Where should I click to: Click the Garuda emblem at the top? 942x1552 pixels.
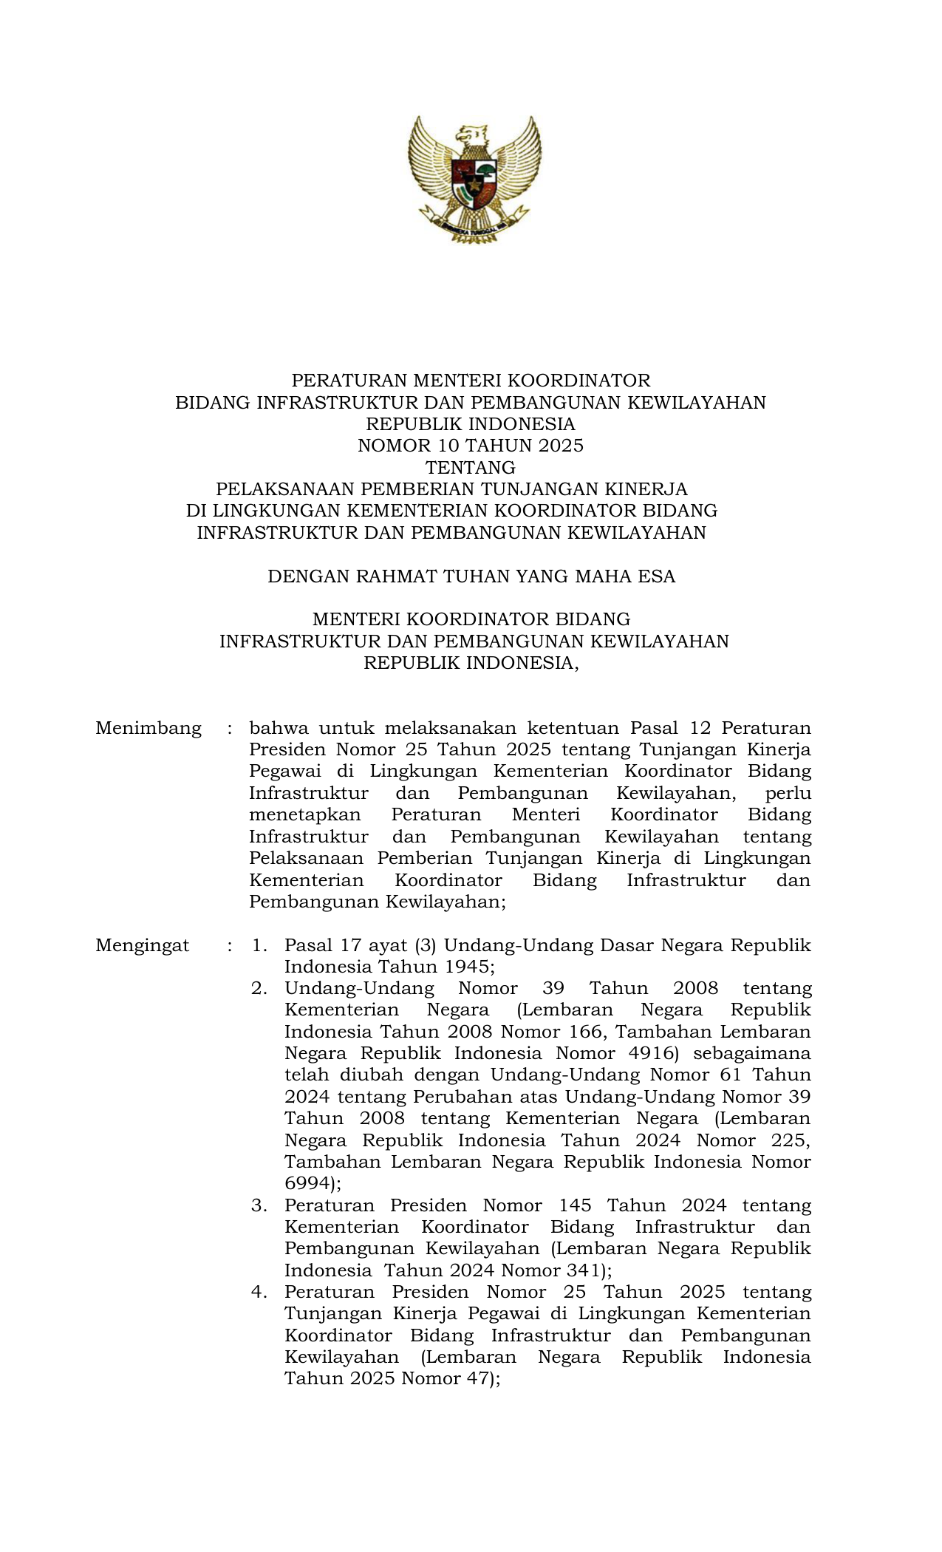473,178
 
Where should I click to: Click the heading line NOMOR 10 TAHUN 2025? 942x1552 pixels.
471,446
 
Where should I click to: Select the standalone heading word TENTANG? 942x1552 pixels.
471,468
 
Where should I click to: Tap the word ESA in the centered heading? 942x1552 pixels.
658,576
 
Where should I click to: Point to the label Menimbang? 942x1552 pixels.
149,729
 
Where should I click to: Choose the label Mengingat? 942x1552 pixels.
143,945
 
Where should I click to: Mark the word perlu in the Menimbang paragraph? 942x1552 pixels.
788,794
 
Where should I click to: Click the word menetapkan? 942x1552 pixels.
305,815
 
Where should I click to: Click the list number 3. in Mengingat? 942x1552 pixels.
259,1205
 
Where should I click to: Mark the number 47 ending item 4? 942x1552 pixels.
479,1378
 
